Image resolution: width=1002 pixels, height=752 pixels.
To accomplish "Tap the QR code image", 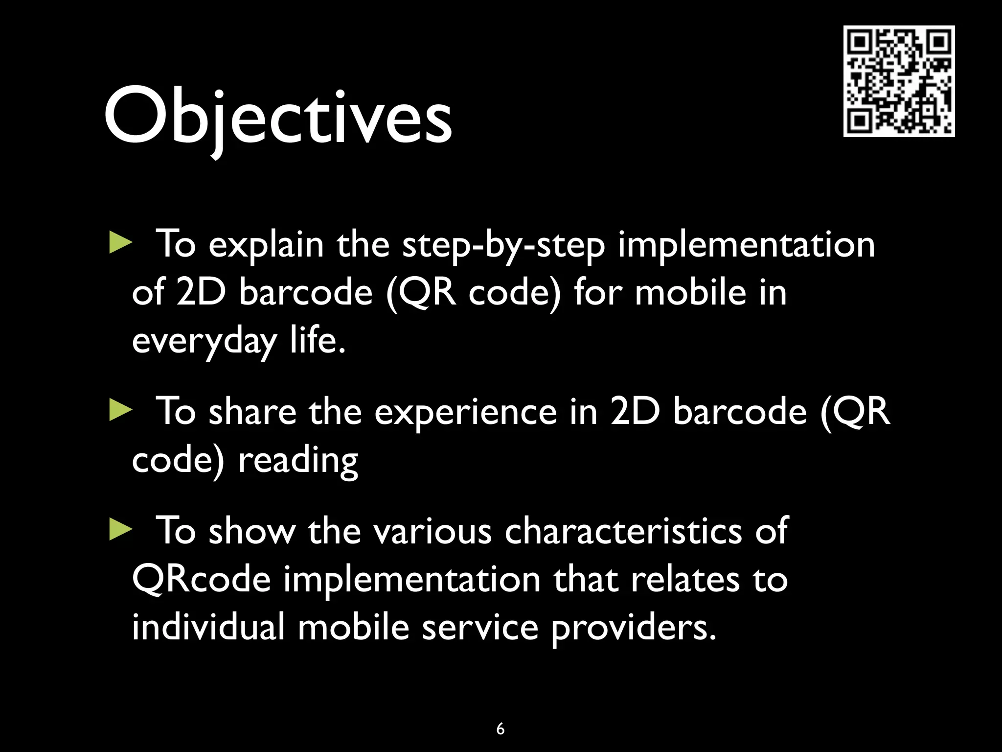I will click(899, 81).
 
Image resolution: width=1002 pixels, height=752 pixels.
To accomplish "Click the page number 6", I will click(500, 728).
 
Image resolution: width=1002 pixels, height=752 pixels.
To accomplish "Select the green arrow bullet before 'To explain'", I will click(120, 243).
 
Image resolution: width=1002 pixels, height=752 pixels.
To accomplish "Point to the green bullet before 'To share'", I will click(120, 410).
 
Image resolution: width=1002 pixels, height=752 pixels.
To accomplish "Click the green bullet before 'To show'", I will click(120, 530).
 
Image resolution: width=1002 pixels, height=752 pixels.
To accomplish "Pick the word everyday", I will click(205, 341).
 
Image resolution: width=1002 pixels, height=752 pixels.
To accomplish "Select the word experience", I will click(465, 412).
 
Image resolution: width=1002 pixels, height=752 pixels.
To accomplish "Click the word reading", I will click(298, 461).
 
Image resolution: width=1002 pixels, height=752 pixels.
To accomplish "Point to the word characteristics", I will click(623, 531).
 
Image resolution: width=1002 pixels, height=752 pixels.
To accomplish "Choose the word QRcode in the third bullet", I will click(201, 580).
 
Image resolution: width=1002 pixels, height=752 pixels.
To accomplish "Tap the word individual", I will click(208, 627).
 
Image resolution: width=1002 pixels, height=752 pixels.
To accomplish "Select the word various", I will click(433, 532).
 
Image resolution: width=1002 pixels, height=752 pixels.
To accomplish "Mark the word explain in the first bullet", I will click(266, 245).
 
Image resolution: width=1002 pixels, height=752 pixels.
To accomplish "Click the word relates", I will click(685, 580).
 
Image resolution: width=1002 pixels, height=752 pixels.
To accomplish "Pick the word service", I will click(480, 628).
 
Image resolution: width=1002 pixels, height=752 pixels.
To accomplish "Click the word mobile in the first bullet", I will click(690, 292).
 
